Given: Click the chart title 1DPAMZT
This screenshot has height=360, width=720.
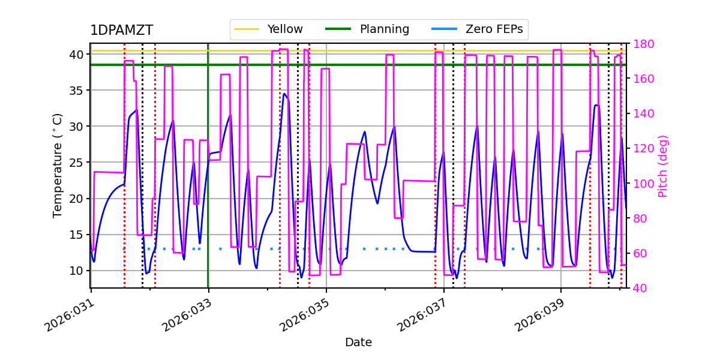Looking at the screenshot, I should click(121, 31).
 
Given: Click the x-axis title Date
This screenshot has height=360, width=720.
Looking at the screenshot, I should click(358, 343).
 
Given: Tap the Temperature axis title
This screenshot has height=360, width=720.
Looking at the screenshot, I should click(58, 165).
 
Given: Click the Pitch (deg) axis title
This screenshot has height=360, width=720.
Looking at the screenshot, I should click(663, 166).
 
